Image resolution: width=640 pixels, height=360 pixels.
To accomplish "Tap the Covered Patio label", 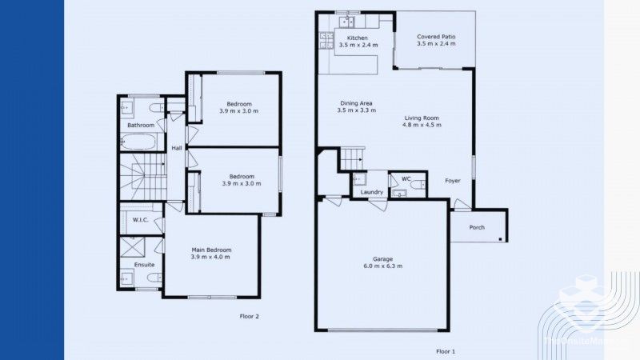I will [436, 37].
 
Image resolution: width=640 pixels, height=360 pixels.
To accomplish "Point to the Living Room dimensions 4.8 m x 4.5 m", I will [421, 126].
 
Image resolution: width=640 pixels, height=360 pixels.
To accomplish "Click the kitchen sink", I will [347, 16].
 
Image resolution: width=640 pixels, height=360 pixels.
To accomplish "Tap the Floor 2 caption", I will [250, 316].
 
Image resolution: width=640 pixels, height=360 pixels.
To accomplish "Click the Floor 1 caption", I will [446, 351].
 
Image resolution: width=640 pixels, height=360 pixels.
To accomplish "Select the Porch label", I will [477, 227].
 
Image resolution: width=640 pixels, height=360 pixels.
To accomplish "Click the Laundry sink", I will [359, 178].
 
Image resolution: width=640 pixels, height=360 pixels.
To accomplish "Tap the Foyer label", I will [453, 181].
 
